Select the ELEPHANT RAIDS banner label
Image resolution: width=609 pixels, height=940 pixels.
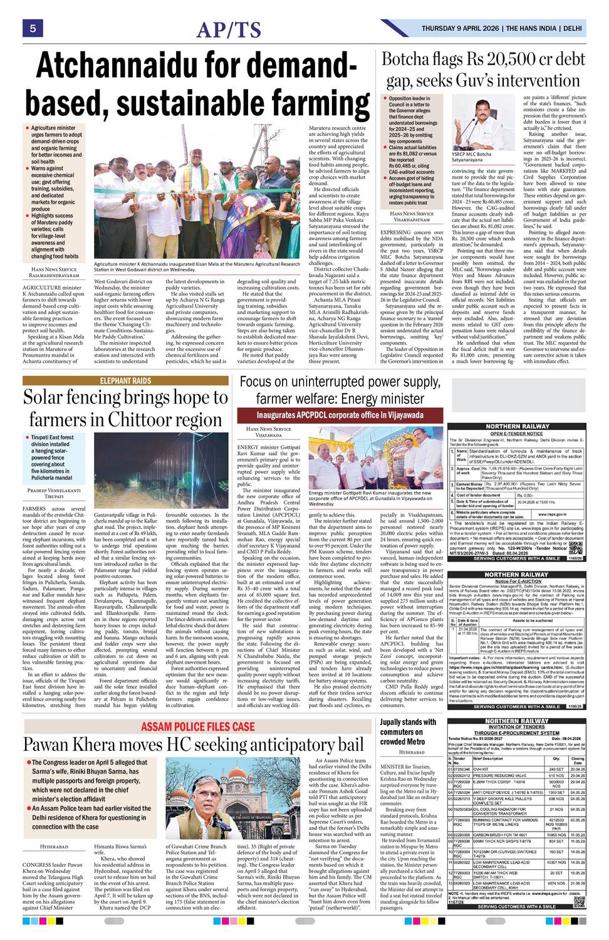pos(125,381)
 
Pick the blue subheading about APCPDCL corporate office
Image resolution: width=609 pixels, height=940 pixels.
pos(339,415)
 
